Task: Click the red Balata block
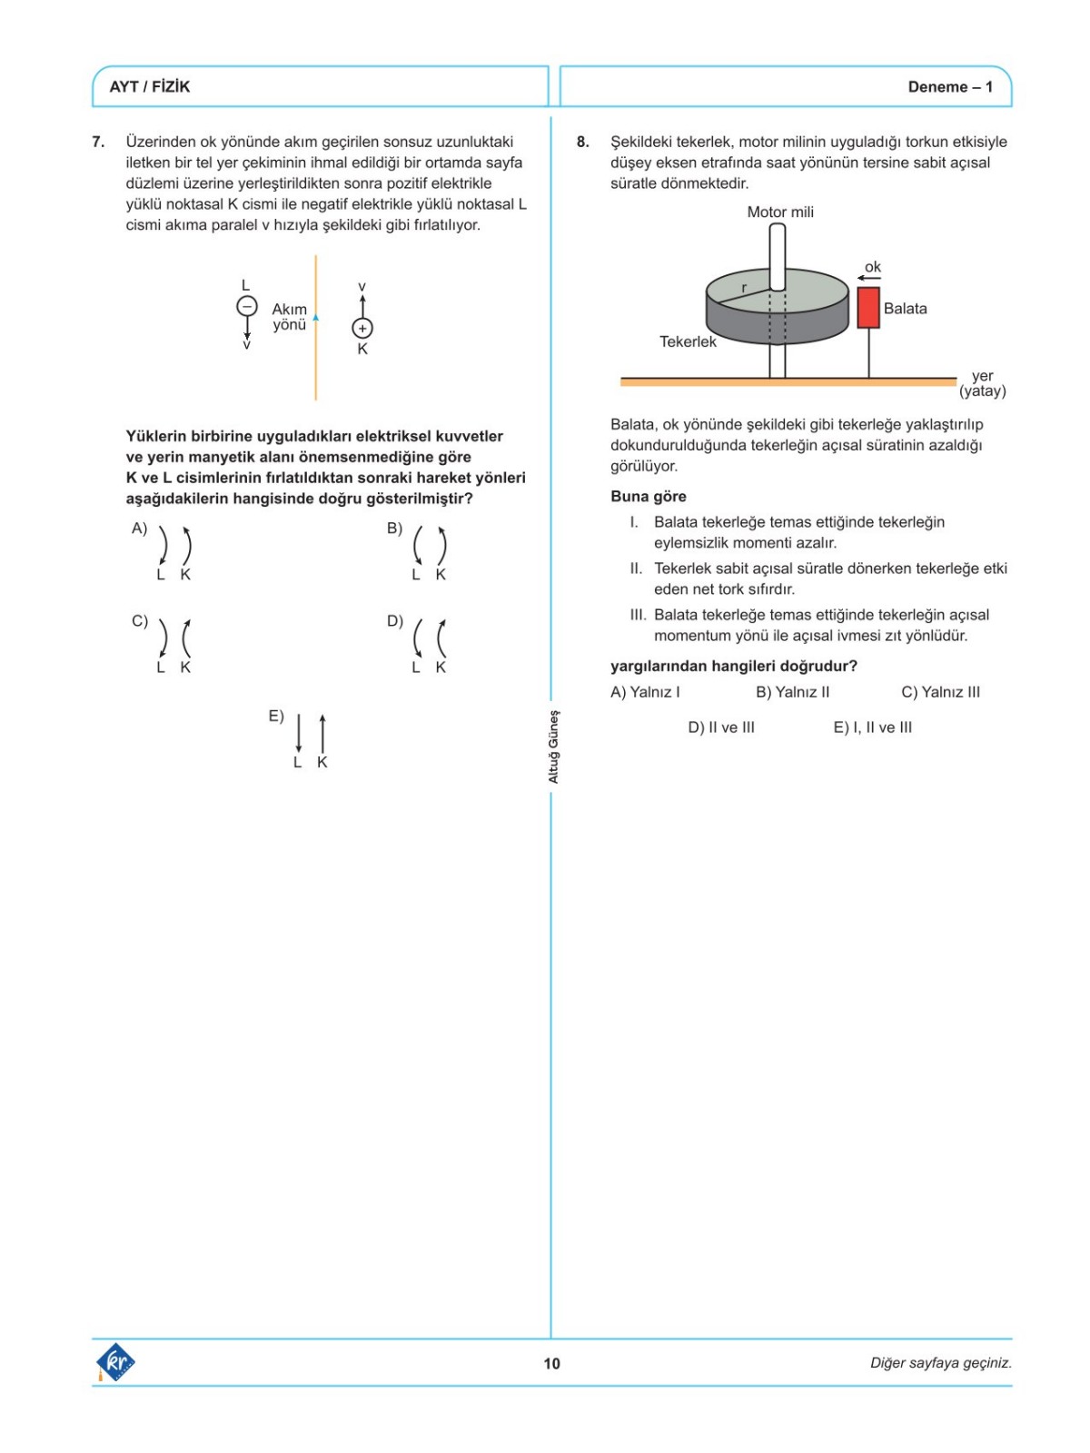click(x=868, y=308)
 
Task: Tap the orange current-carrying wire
click(x=316, y=363)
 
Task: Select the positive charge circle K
click(x=362, y=328)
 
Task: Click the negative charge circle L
click(x=246, y=307)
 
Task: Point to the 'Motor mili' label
click(x=780, y=212)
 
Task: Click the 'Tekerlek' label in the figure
click(x=688, y=341)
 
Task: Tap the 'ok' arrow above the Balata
click(x=869, y=277)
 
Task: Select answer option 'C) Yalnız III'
click(x=940, y=692)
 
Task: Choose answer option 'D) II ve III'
click(x=721, y=727)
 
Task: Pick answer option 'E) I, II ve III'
click(x=872, y=727)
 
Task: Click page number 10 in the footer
click(x=551, y=1363)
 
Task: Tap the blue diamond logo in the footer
click(x=115, y=1362)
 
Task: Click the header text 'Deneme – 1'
click(x=950, y=87)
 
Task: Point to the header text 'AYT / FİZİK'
click(x=150, y=87)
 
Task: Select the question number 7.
click(x=98, y=142)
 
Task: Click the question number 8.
click(x=583, y=142)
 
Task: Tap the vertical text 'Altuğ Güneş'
click(x=554, y=746)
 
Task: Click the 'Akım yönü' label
click(x=290, y=317)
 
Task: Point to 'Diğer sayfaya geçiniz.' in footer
click(x=940, y=1363)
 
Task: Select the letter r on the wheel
click(x=744, y=288)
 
